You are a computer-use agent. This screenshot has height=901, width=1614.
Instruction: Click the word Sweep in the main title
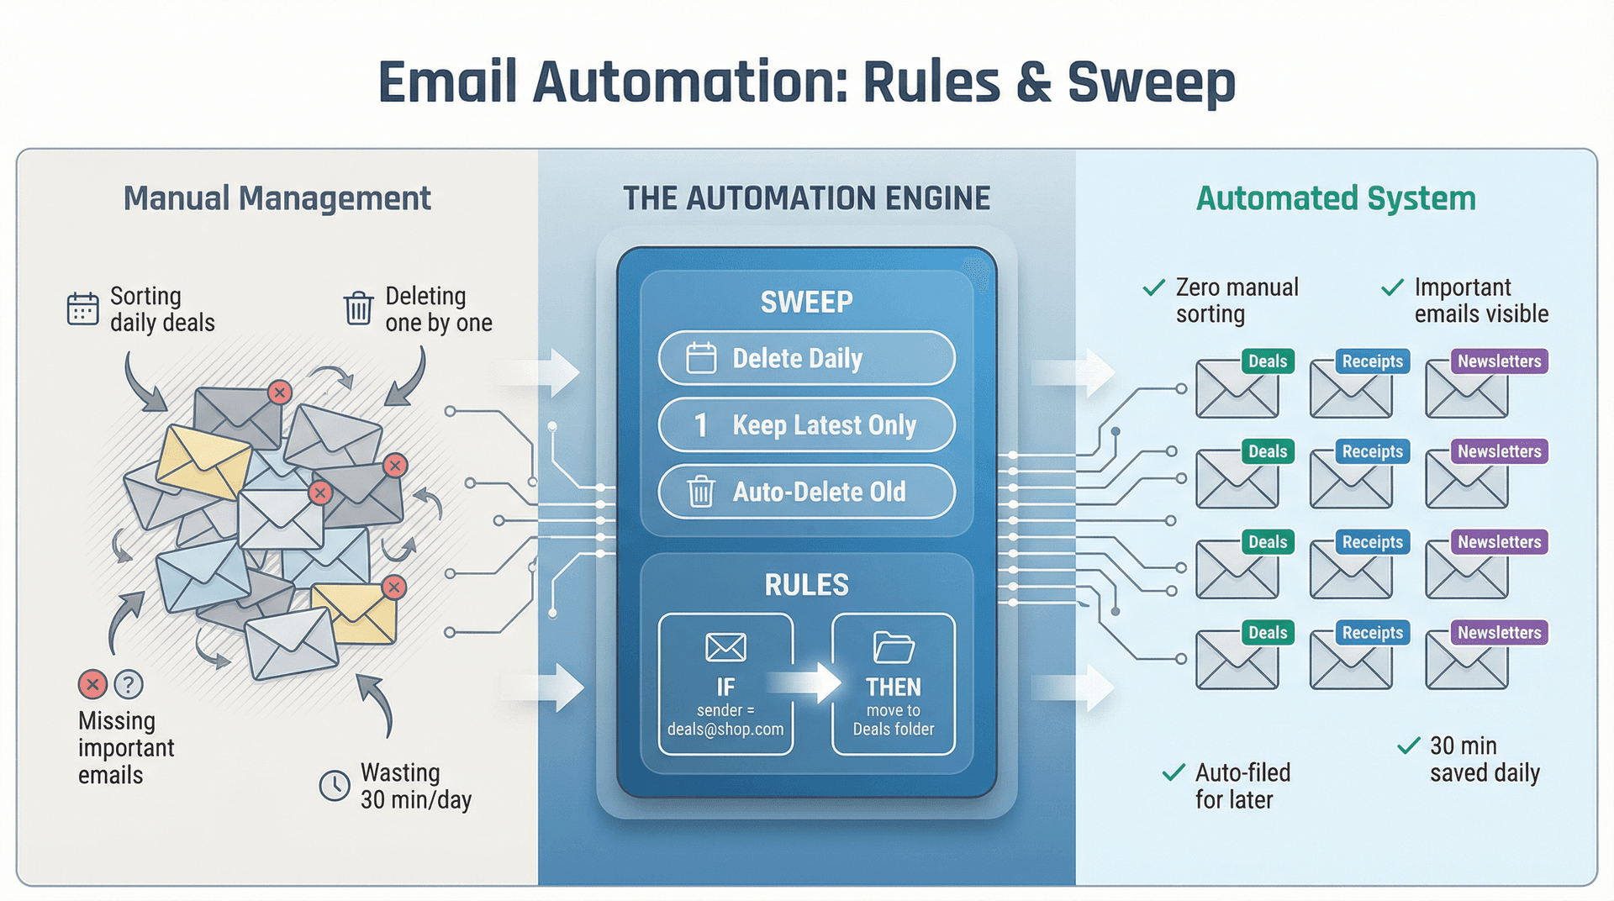point(1151,83)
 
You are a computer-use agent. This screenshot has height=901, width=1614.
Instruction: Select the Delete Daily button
point(806,358)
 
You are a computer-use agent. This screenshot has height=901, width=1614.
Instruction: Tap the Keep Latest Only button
point(806,425)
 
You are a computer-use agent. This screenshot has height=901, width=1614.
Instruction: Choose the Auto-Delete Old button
point(806,492)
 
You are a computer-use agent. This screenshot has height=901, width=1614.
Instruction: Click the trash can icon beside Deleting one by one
point(358,308)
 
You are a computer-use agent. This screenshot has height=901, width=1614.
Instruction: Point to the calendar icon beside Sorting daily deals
point(82,308)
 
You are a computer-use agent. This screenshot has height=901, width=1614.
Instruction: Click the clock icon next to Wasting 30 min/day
point(335,786)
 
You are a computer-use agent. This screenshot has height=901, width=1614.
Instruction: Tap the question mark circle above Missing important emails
point(129,684)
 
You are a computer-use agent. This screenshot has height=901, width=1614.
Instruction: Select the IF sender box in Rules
point(725,684)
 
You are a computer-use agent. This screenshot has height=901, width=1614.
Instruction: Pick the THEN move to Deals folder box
point(894,684)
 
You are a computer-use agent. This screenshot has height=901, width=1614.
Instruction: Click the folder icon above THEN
point(894,647)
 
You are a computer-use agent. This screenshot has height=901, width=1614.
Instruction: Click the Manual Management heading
point(277,198)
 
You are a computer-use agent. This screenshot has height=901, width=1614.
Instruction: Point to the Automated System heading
point(1336,198)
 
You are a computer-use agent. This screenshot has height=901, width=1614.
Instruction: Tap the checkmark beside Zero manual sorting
point(1154,288)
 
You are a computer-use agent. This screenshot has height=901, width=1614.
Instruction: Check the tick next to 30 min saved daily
point(1408,746)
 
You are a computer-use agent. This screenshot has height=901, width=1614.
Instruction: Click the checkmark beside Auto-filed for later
point(1174,772)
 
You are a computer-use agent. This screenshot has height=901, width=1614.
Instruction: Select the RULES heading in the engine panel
point(806,585)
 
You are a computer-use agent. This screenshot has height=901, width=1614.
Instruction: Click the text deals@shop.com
point(725,730)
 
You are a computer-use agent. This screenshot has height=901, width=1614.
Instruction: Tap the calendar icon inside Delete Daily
point(701,358)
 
